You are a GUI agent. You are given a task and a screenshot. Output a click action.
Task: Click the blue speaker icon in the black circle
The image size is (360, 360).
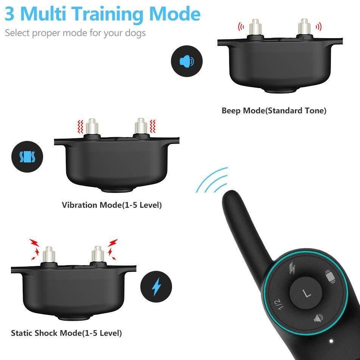pyautogui.click(x=186, y=61)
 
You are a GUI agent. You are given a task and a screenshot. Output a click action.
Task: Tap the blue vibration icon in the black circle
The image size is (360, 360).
pyautogui.click(x=27, y=157)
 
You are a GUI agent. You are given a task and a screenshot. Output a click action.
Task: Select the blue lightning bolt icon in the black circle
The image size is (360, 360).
pyautogui.click(x=157, y=287)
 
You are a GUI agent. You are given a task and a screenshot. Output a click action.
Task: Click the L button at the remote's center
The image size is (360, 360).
pyautogui.click(x=306, y=293)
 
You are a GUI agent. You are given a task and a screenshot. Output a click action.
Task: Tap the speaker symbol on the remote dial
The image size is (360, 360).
pyautogui.click(x=319, y=318)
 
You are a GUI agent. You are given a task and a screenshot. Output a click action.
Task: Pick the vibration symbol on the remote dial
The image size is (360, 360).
pyautogui.click(x=330, y=276)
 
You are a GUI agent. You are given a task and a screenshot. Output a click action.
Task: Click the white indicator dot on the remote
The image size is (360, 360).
pyautogui.click(x=331, y=341)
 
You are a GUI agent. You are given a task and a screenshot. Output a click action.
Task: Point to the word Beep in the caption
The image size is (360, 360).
pyautogui.click(x=231, y=111)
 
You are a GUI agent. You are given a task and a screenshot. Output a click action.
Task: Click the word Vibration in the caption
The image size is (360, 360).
pyautogui.click(x=80, y=205)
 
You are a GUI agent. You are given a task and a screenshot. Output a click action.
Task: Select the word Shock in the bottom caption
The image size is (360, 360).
pyautogui.click(x=47, y=333)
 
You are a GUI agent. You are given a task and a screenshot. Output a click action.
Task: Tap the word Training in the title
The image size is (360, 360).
pyautogui.click(x=109, y=15)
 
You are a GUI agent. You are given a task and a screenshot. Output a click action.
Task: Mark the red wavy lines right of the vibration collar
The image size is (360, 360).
pyautogui.click(x=152, y=126)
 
